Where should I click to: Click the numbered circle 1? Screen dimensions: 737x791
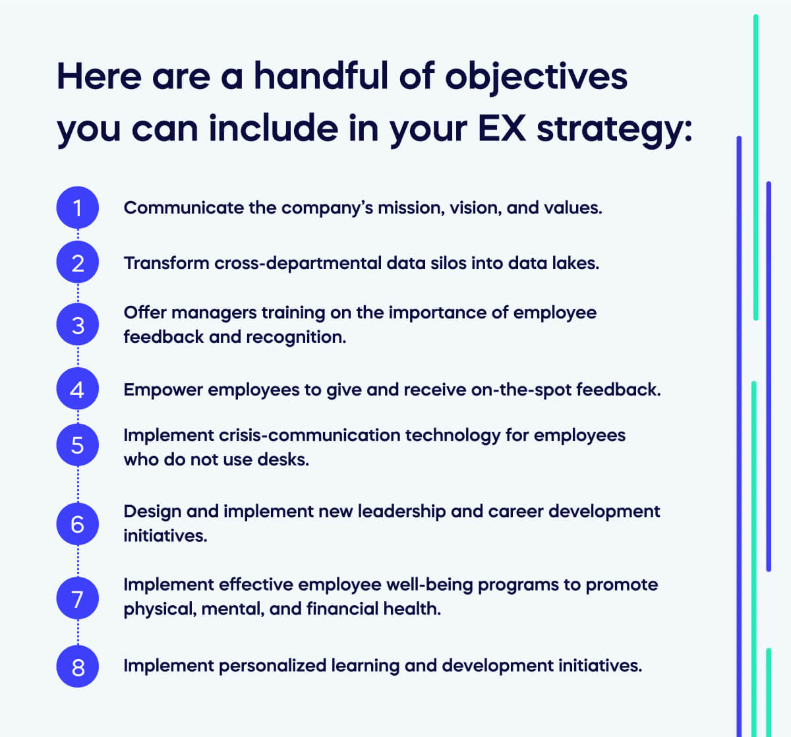click(78, 208)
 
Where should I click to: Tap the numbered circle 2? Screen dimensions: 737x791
click(78, 263)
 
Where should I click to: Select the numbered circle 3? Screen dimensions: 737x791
click(78, 324)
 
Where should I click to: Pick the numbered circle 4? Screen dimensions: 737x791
click(78, 390)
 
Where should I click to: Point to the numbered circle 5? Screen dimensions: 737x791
click(78, 445)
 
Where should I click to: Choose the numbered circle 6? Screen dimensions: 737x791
click(78, 524)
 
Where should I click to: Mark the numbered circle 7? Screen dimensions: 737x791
click(78, 599)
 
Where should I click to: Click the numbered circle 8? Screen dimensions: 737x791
click(78, 666)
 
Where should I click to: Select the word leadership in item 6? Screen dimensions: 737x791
click(401, 512)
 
